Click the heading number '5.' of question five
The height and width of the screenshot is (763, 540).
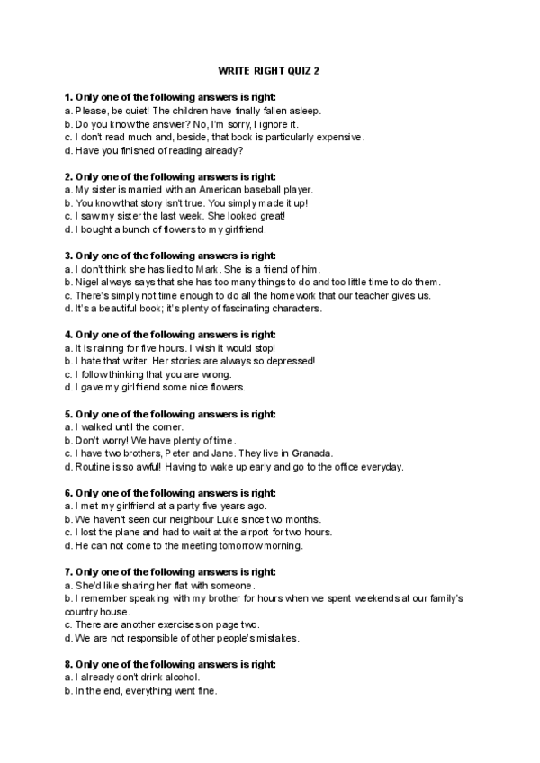tap(68, 414)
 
